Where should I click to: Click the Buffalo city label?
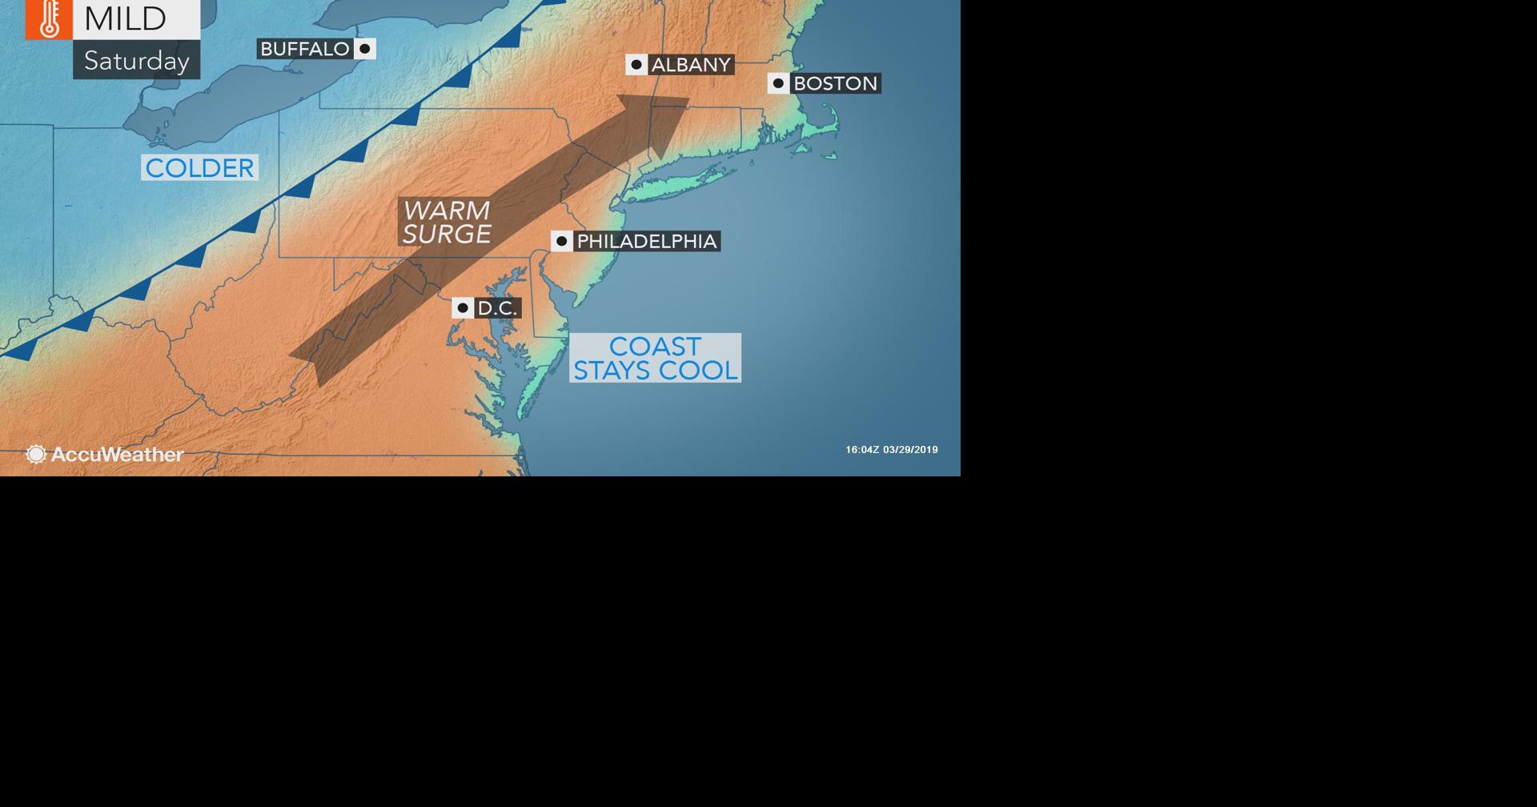305,49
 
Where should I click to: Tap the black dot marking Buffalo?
365,49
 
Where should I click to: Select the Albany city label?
691,65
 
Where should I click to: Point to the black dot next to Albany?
636,65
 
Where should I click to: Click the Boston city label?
835,83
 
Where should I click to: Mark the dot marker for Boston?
778,83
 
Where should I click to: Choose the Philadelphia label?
646,241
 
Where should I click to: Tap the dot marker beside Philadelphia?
562,241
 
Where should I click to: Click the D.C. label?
497,308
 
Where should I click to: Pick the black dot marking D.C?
463,308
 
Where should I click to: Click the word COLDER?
199,167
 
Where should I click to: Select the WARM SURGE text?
446,222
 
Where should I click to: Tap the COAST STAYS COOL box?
655,358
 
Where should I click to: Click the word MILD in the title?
125,18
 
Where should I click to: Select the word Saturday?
136,61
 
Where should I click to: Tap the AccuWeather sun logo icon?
36,455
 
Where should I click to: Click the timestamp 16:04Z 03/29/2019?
891,450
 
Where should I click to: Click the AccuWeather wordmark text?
117,455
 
